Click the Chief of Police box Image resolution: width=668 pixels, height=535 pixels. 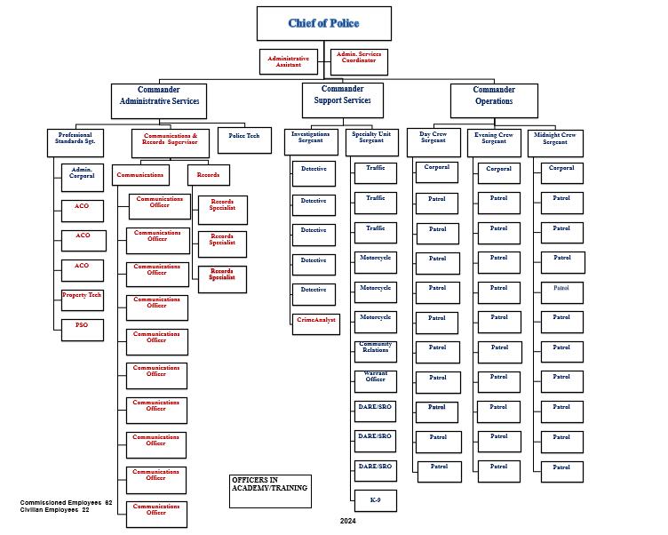coord(323,23)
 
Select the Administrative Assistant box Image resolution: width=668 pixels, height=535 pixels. coord(288,61)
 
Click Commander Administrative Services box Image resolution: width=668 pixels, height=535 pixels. coord(159,100)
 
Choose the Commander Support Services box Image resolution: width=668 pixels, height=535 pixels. coord(342,100)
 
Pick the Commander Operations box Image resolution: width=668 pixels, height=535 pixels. coord(493,100)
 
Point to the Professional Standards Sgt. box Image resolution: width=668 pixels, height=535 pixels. coord(75,140)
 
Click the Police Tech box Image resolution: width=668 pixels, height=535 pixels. coord(244,140)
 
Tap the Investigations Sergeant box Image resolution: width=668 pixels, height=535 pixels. coord(311,140)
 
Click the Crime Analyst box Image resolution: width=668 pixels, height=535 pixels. coord(315,323)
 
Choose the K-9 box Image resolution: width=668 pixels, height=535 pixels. coord(375,499)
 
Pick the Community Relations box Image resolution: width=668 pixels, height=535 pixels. coord(375,351)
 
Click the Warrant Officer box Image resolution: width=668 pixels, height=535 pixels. coord(375,380)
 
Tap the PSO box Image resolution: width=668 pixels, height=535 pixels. coord(82,330)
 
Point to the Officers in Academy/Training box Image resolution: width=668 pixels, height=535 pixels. coord(270,490)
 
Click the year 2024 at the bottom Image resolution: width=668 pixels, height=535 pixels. coord(347,521)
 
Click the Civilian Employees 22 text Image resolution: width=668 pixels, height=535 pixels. coord(54,510)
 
